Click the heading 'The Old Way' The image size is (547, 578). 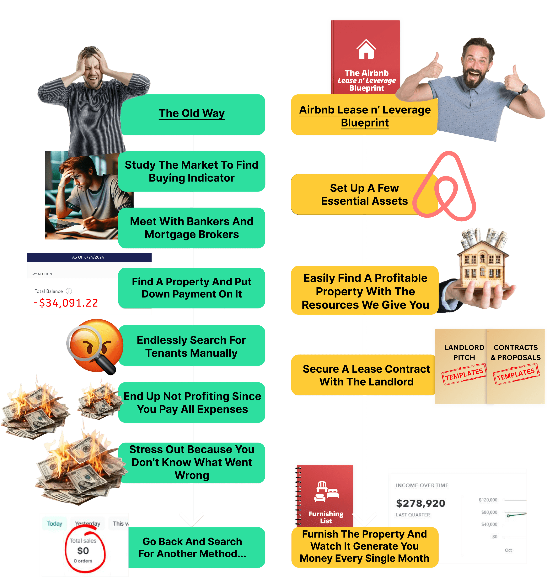pos(192,113)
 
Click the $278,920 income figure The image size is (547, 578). pos(421,503)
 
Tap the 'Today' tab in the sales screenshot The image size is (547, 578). pos(55,523)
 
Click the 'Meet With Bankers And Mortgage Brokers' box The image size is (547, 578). pos(192,228)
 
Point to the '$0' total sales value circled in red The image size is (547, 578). pos(83,551)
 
